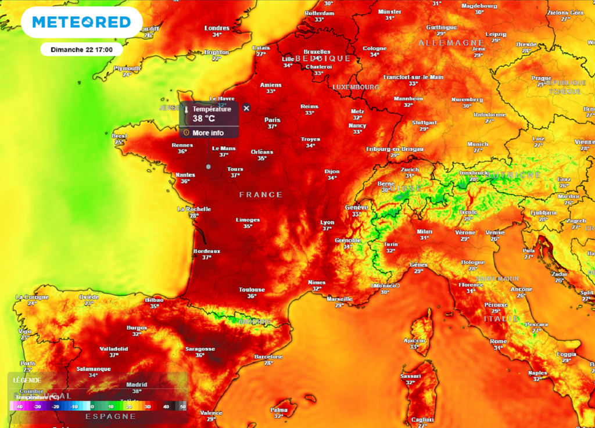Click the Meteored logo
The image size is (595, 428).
pyautogui.click(x=81, y=22)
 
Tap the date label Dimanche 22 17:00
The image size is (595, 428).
pyautogui.click(x=81, y=49)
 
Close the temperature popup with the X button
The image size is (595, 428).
pyautogui.click(x=246, y=108)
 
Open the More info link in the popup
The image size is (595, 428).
pyautogui.click(x=208, y=133)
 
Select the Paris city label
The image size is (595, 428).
pyautogui.click(x=272, y=120)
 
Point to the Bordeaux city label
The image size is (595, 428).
pyautogui.click(x=207, y=251)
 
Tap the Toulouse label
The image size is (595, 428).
pyautogui.click(x=252, y=290)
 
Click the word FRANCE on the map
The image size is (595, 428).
pyautogui.click(x=261, y=195)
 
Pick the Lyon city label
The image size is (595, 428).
pyautogui.click(x=327, y=222)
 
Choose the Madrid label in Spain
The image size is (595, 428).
pyautogui.click(x=137, y=384)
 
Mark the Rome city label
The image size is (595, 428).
pyautogui.click(x=499, y=341)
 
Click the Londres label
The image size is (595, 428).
pyautogui.click(x=217, y=28)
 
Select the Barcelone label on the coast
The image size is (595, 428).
pyautogui.click(x=268, y=357)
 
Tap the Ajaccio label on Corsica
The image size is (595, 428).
pyautogui.click(x=414, y=340)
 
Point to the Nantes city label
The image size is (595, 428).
pyautogui.click(x=185, y=175)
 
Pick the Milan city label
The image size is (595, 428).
pyautogui.click(x=425, y=232)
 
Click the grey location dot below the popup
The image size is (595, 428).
pyautogui.click(x=209, y=167)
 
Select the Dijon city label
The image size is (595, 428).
pyautogui.click(x=332, y=171)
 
